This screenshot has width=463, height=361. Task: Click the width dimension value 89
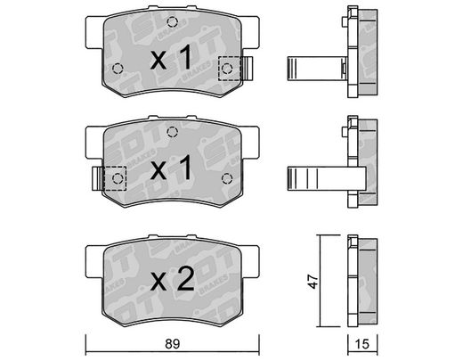tap(173, 344)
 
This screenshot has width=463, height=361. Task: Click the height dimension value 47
tap(313, 281)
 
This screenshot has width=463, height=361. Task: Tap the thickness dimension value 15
tap(362, 344)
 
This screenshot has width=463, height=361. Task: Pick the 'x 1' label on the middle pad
tap(171, 168)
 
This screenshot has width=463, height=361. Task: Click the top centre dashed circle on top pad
tap(172, 21)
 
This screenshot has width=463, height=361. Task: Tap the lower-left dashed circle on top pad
tap(118, 69)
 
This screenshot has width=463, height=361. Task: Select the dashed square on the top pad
tap(229, 69)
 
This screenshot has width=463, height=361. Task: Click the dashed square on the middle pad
tap(115, 178)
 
